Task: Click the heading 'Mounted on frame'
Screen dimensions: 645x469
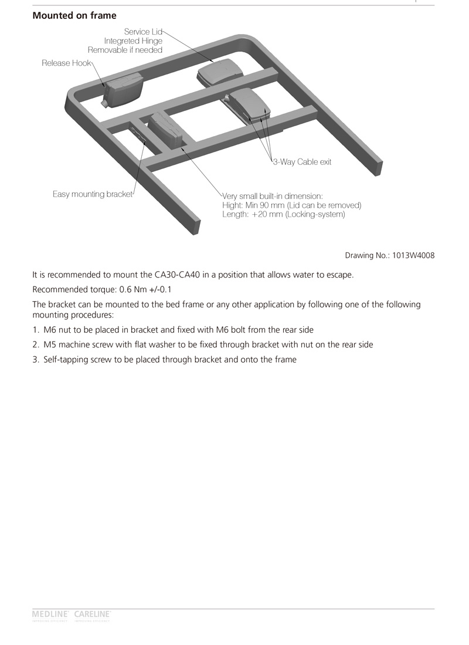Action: click(74, 16)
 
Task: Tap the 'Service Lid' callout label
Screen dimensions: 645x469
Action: click(142, 32)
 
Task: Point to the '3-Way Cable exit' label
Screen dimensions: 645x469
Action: click(302, 162)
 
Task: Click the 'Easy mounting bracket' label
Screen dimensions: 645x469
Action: click(93, 194)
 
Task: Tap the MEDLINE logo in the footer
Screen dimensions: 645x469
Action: click(50, 614)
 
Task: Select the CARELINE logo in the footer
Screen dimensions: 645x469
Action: click(93, 614)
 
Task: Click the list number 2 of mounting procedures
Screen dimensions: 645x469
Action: click(35, 345)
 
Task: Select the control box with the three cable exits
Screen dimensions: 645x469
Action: click(250, 105)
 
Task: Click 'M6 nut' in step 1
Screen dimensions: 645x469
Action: click(58, 330)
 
